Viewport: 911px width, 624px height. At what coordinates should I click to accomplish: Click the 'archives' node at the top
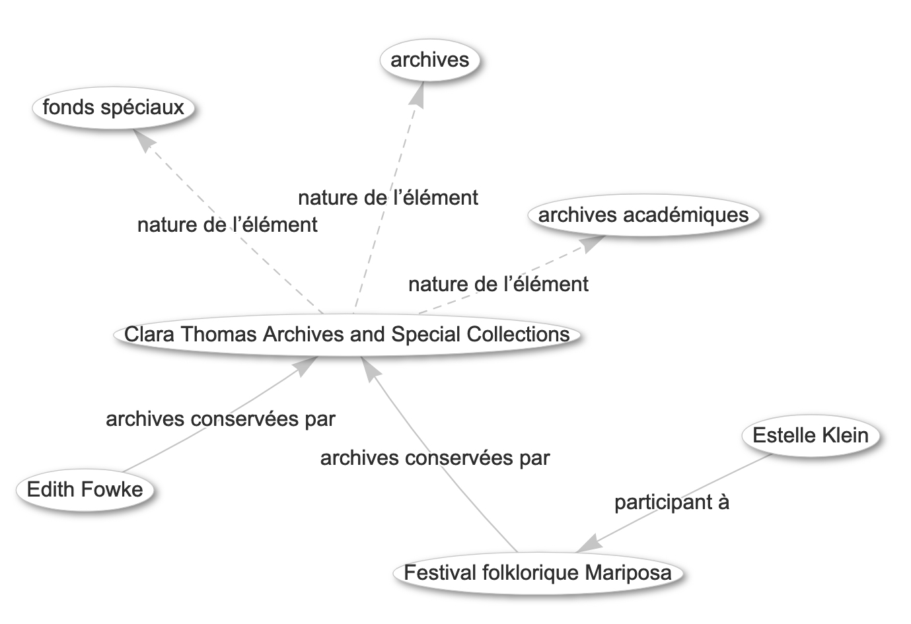[430, 60]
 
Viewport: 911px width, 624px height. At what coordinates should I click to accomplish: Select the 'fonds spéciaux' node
[114, 108]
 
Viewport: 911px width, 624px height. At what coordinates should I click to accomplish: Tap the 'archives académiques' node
[643, 215]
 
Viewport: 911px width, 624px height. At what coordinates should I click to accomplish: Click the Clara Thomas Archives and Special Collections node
[347, 335]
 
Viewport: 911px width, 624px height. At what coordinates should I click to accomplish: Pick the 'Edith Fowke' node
[85, 489]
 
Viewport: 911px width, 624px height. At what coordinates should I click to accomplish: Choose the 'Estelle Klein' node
[811, 435]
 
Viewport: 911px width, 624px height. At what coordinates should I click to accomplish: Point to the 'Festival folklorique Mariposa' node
[538, 572]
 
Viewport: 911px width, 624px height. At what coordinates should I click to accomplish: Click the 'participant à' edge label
[672, 502]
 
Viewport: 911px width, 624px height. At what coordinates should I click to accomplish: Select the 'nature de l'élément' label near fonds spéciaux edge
[227, 225]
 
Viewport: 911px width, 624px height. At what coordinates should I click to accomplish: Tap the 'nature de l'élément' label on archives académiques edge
[498, 284]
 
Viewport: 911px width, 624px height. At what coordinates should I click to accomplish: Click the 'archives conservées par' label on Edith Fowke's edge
[221, 419]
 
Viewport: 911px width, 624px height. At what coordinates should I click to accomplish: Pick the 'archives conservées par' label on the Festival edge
[435, 458]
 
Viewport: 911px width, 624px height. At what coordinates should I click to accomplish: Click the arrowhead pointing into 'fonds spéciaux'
[143, 140]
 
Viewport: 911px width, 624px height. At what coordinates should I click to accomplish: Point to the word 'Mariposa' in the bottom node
[628, 573]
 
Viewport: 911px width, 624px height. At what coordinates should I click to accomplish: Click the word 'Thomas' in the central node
[219, 335]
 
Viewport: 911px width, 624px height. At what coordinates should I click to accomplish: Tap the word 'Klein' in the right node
[845, 435]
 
